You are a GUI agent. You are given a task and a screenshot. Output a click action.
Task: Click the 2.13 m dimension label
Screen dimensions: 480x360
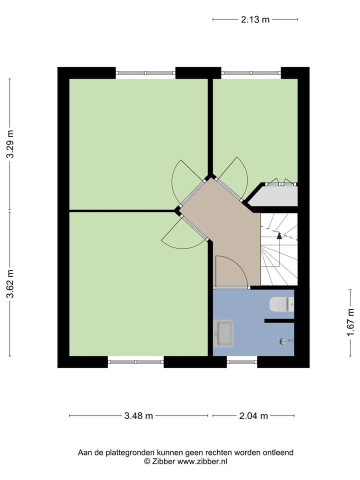click(255, 19)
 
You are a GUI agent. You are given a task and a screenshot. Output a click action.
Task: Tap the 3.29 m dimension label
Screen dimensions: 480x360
click(10, 144)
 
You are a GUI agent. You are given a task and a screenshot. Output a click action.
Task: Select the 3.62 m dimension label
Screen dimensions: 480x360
click(10, 284)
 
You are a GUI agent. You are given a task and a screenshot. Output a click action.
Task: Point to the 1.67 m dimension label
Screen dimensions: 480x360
click(350, 321)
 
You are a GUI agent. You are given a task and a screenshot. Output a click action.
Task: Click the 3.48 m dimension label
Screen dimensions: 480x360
click(138, 416)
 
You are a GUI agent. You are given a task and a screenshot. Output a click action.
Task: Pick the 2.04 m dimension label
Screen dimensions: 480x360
click(253, 416)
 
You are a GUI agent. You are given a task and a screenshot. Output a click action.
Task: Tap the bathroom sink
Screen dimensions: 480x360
click(223, 333)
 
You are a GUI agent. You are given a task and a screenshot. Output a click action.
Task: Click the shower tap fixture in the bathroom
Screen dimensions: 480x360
click(285, 341)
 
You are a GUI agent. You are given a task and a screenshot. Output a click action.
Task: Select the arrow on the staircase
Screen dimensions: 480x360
click(279, 236)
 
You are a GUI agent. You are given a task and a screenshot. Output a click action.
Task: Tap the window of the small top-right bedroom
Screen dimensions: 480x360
click(251, 73)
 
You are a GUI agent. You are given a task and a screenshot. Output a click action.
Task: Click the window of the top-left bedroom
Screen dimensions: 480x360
click(145, 73)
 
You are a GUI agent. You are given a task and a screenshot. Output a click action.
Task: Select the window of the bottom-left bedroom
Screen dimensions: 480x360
click(135, 361)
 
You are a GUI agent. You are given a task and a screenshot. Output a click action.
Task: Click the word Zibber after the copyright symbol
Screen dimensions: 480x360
click(163, 462)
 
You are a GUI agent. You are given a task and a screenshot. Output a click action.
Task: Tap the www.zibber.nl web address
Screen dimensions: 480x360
click(202, 462)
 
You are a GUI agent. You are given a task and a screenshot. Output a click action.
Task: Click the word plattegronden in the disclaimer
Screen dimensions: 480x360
click(131, 452)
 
